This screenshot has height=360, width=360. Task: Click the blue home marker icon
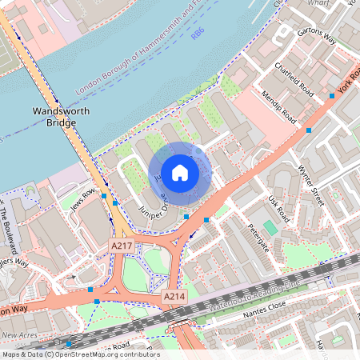tap(180, 173)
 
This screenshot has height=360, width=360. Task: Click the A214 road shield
tap(174, 297)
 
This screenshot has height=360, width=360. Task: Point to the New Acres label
tap(20, 334)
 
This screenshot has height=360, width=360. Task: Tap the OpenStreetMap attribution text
tap(80, 354)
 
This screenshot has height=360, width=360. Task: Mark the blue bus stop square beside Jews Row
tap(104, 196)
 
